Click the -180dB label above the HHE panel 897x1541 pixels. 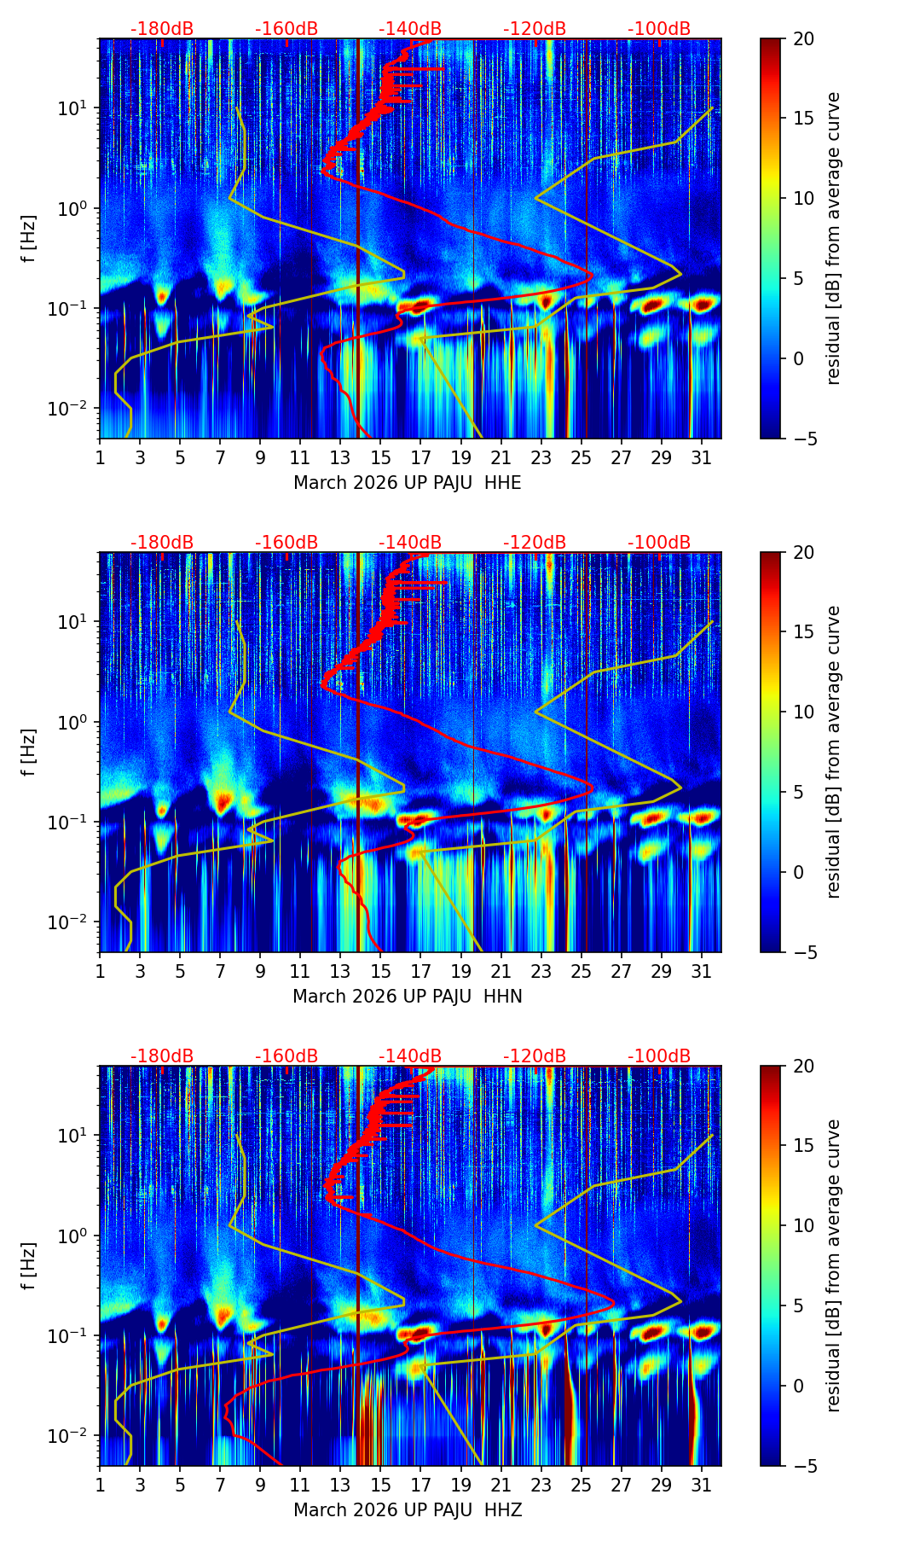click(x=162, y=29)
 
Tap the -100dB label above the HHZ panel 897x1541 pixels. click(x=659, y=1056)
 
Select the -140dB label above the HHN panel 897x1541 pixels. click(x=410, y=543)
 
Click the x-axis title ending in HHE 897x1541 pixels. click(x=407, y=483)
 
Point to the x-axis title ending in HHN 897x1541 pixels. click(x=407, y=997)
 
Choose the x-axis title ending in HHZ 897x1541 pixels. click(x=407, y=1510)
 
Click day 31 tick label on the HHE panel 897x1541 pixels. click(x=701, y=457)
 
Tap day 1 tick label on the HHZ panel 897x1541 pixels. click(x=100, y=1485)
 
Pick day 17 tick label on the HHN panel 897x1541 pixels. click(x=420, y=971)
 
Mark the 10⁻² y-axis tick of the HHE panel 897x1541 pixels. click(x=75, y=410)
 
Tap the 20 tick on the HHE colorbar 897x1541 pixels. click(x=803, y=38)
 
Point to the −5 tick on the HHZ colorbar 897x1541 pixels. click(x=803, y=1466)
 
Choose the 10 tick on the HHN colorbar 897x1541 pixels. click(x=803, y=712)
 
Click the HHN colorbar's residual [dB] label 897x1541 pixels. click(x=834, y=752)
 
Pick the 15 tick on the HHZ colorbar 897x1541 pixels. click(x=803, y=1146)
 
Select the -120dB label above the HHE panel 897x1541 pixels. click(x=535, y=29)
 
